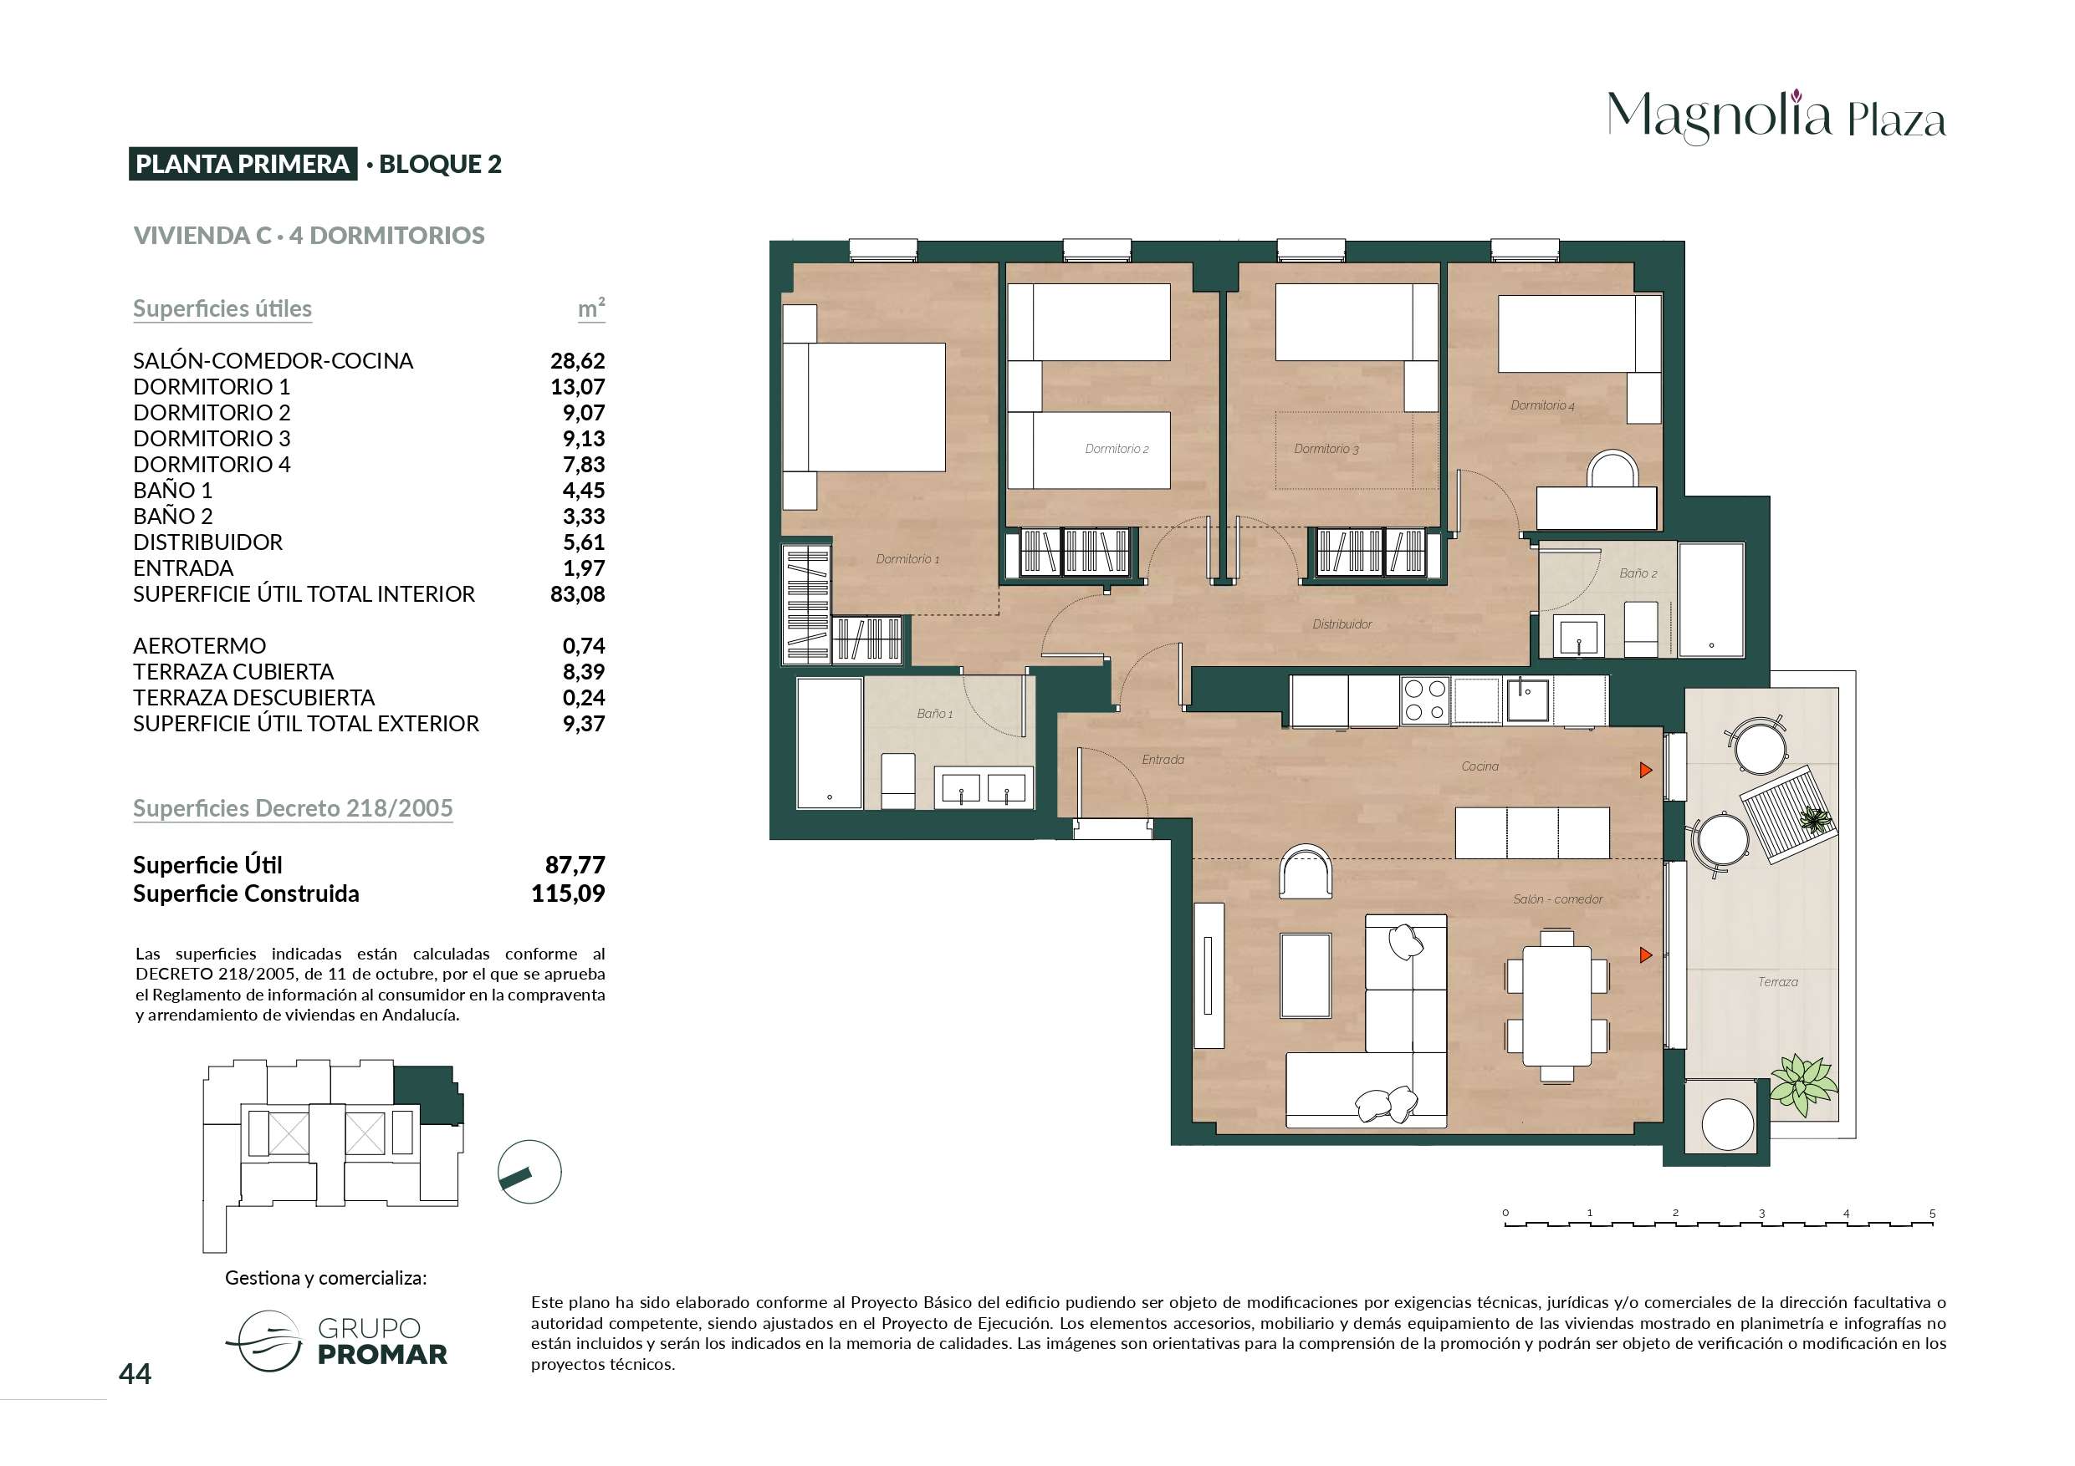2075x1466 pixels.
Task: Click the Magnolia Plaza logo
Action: pos(1776,116)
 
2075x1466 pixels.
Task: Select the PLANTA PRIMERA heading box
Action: pos(243,164)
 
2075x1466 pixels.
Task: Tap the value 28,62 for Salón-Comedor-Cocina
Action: pos(577,360)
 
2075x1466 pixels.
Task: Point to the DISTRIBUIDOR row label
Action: pos(208,542)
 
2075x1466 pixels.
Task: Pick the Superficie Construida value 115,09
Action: pos(568,893)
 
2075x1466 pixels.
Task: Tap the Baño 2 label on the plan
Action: pos(1638,573)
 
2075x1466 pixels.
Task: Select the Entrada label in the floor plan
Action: pos(1163,760)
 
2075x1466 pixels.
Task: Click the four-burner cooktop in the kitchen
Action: pos(1424,701)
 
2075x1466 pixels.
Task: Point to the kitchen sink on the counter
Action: pos(1527,701)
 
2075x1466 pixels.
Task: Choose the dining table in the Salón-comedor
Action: pos(1557,1005)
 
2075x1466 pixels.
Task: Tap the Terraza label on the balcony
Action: pos(1777,982)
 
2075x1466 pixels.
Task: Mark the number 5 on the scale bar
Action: pos(1932,1213)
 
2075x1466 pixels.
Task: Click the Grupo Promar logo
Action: pos(336,1341)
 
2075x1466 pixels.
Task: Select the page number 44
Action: pos(135,1374)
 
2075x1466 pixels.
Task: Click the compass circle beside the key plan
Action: pos(529,1172)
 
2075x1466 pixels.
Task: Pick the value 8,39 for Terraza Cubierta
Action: pos(584,672)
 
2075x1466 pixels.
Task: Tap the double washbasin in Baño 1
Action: pos(984,787)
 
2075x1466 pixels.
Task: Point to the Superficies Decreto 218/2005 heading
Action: pos(293,808)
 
